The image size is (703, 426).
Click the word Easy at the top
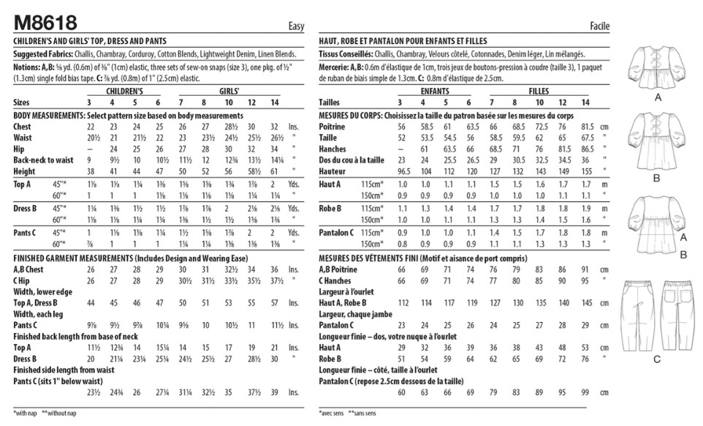tap(296, 27)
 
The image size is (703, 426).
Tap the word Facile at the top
tap(598, 27)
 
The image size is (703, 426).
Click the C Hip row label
tap(23, 280)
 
